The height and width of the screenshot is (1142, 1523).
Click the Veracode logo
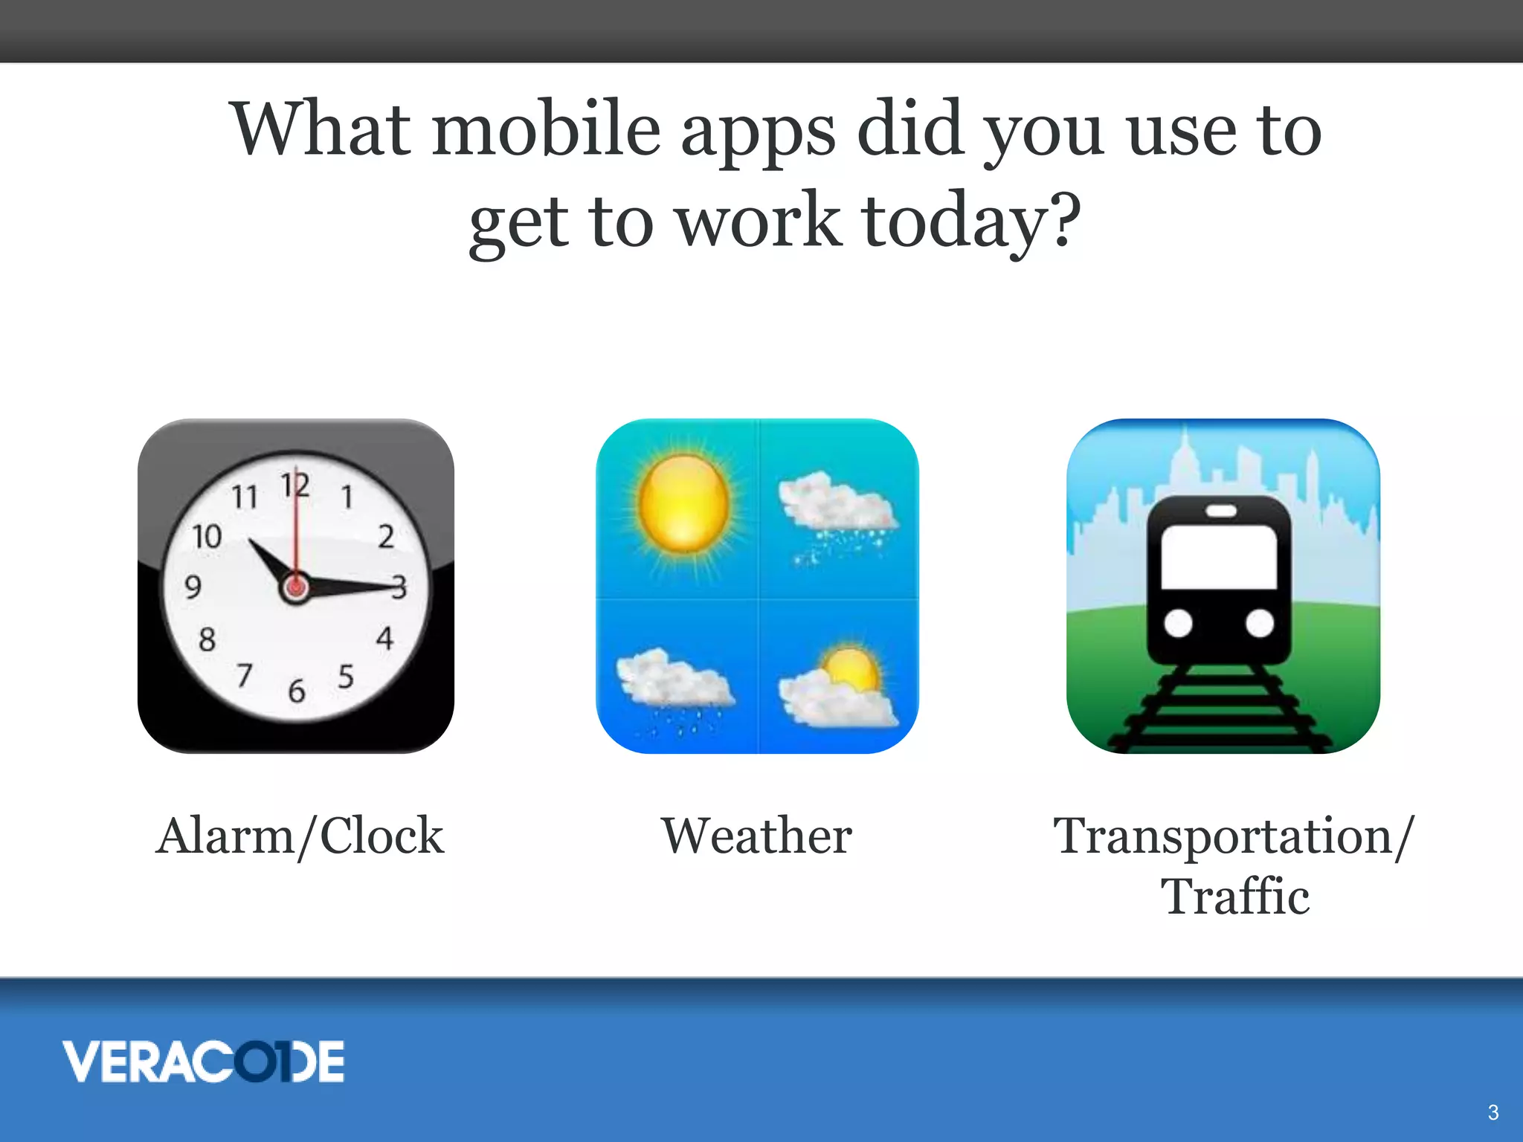pos(203,1061)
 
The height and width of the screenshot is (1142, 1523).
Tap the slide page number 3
pos(1493,1112)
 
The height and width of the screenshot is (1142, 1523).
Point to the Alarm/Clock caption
pos(300,836)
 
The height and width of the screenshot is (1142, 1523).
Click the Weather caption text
pos(757,836)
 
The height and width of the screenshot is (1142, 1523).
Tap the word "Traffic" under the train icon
pos(1234,897)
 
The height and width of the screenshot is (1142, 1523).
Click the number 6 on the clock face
pos(297,691)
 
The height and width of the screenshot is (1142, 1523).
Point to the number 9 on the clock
pos(193,587)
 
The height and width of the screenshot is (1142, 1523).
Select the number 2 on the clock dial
pos(386,536)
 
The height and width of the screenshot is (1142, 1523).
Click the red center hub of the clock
pos(295,588)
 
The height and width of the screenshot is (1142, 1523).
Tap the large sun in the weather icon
pos(683,504)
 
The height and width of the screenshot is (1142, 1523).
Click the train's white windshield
pos(1219,557)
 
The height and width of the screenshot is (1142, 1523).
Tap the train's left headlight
pos(1178,623)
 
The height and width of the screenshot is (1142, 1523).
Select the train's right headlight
pos(1260,623)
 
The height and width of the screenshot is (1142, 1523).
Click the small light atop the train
pos(1220,511)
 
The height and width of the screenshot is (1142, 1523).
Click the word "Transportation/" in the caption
pos(1233,836)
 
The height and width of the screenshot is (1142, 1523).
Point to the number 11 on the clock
pos(245,497)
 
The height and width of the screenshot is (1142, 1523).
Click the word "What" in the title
pos(321,129)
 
